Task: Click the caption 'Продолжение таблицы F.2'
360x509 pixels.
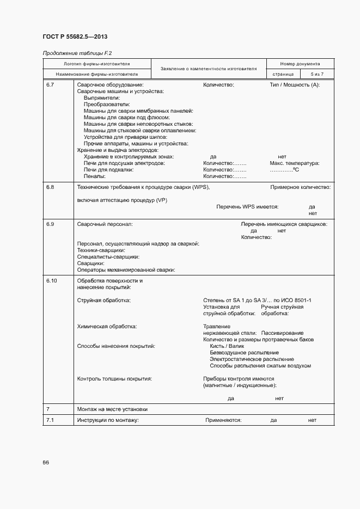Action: (73, 53)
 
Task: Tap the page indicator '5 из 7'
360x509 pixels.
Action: (316, 73)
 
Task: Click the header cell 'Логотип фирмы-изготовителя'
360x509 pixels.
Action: (97, 64)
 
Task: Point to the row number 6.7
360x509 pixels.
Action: (50, 85)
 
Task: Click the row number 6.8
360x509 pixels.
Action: (50, 187)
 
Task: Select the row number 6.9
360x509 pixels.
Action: (50, 224)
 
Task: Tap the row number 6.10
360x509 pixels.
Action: (52, 281)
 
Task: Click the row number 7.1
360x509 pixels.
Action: (50, 420)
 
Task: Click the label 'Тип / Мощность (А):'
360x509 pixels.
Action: (295, 85)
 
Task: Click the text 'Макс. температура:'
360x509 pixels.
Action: (295, 163)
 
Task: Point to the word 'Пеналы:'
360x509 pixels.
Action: (95, 176)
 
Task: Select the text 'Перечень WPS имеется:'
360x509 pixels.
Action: (247, 207)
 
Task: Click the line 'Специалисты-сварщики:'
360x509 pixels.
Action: (108, 256)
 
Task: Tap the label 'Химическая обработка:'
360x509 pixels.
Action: (107, 327)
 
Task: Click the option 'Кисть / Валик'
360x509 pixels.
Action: (227, 346)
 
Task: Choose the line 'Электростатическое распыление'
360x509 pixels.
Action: (252, 359)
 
